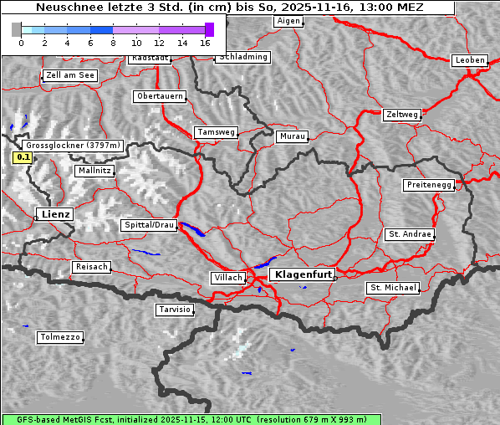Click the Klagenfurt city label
(x=303, y=274)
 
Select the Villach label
(x=227, y=277)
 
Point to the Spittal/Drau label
(x=150, y=225)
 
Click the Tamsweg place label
(x=217, y=132)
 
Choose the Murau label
(x=293, y=136)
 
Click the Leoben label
(x=470, y=60)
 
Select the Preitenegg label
(x=429, y=185)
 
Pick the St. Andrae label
(x=410, y=234)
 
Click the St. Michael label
(x=393, y=288)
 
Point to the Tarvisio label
(x=175, y=310)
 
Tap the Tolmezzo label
(x=60, y=337)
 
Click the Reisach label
(x=92, y=267)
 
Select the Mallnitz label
(x=94, y=170)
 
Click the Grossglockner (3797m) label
(x=74, y=145)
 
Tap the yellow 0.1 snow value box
(x=23, y=156)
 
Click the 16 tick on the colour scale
(x=206, y=42)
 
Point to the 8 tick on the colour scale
(x=113, y=42)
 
